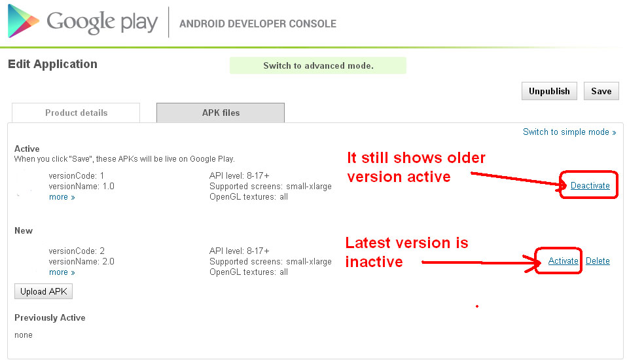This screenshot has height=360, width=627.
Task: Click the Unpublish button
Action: (x=549, y=91)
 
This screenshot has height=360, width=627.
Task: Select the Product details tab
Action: (x=76, y=113)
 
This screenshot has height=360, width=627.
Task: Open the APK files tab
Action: (x=221, y=113)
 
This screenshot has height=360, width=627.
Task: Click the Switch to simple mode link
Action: (x=569, y=132)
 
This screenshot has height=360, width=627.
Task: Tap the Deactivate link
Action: (x=590, y=186)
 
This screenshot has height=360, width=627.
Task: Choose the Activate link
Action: (x=563, y=261)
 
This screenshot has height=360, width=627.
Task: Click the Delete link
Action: (x=598, y=261)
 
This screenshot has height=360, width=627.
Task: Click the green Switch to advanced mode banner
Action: (x=318, y=65)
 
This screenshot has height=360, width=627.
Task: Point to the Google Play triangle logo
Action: (x=23, y=21)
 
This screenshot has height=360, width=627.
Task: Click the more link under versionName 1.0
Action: (x=62, y=197)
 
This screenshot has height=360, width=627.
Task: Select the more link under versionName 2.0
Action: (x=62, y=272)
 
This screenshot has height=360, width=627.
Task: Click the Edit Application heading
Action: (x=52, y=64)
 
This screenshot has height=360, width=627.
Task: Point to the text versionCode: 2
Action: (x=77, y=251)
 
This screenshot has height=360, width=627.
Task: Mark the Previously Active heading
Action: (x=50, y=317)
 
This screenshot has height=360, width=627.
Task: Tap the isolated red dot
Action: (x=477, y=306)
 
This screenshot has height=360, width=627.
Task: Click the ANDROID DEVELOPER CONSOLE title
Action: (x=258, y=24)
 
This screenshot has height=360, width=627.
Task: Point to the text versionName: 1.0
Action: (x=82, y=186)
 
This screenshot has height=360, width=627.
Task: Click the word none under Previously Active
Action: (x=24, y=335)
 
